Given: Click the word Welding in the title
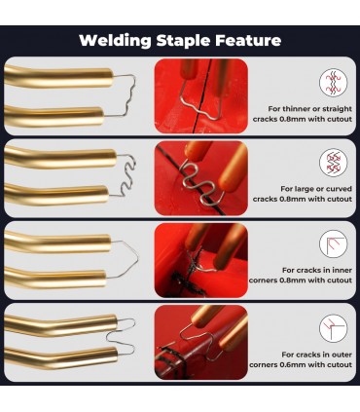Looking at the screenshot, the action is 115,41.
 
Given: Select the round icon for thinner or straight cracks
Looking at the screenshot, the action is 333,83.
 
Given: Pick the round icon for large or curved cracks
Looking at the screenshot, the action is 333,163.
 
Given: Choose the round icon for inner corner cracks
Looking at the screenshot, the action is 333,244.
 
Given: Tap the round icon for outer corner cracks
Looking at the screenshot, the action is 333,328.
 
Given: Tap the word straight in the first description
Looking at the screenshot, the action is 336,109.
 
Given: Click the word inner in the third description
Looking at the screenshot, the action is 341,270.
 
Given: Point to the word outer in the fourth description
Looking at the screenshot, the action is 341,355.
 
